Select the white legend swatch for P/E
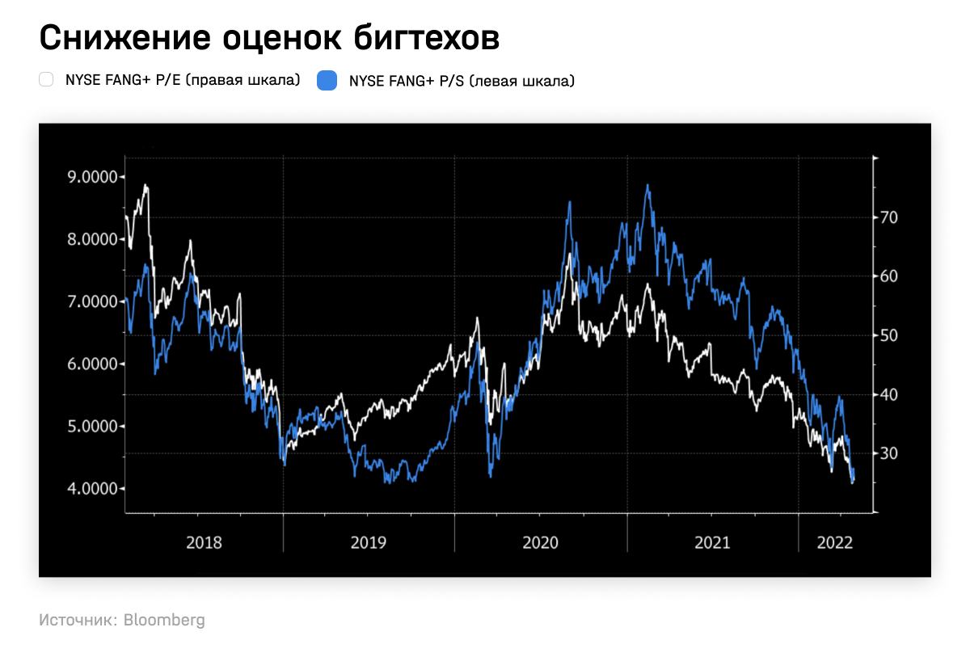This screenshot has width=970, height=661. (x=46, y=79)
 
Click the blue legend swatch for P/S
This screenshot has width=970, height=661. (x=327, y=80)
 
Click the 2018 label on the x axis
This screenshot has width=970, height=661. (x=204, y=542)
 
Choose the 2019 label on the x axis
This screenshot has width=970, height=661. (x=368, y=542)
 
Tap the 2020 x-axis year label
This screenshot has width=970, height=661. (x=540, y=542)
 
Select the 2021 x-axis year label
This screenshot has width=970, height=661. (x=712, y=542)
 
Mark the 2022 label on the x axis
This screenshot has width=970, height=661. (x=835, y=542)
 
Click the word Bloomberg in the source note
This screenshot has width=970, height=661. (x=164, y=621)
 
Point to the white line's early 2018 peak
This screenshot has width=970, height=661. (x=145, y=186)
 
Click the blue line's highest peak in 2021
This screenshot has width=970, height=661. (x=647, y=185)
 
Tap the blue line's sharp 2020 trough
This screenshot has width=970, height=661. (x=491, y=475)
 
